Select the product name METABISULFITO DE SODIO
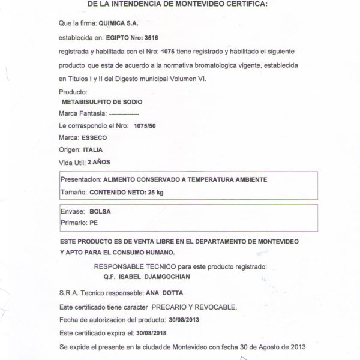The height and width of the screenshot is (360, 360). click(x=107, y=101)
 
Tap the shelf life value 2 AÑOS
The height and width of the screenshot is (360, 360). click(x=99, y=163)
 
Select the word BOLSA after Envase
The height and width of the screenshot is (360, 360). click(x=100, y=211)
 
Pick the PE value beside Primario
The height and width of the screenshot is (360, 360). click(x=93, y=223)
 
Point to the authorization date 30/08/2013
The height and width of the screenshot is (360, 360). click(x=184, y=319)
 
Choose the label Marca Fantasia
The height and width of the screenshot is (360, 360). click(x=83, y=113)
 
